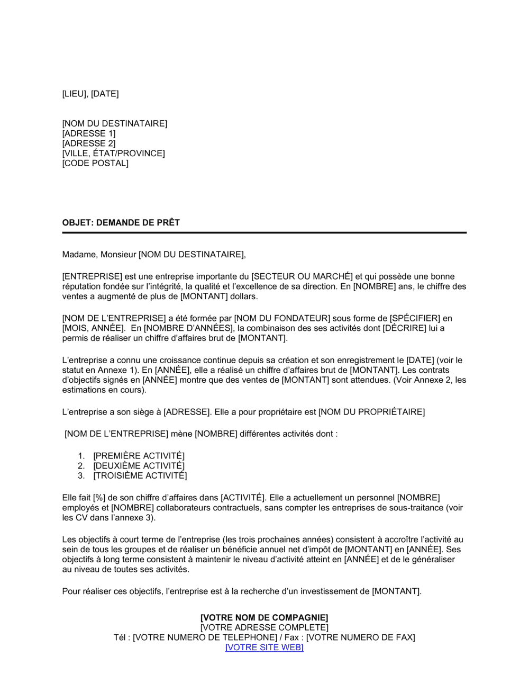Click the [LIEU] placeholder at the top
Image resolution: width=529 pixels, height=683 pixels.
tap(74, 94)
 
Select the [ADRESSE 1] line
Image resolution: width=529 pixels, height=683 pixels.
tap(88, 133)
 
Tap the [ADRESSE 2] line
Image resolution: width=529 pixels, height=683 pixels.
tap(88, 143)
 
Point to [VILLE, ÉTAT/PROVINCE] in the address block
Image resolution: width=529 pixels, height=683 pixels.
tap(113, 154)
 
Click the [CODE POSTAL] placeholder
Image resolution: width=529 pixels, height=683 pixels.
tap(95, 163)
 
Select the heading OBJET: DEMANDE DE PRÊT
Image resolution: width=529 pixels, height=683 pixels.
tap(121, 222)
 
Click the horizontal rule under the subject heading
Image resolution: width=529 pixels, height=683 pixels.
tap(264, 232)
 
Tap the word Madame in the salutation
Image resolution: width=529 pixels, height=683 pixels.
tap(79, 255)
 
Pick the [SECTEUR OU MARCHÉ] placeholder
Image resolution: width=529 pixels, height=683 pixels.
tap(302, 276)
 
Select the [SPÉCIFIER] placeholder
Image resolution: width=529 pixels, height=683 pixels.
tap(415, 318)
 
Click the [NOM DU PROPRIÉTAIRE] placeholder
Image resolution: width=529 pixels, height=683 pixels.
tap(371, 412)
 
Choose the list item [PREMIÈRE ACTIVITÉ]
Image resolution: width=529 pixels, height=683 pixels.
tap(139, 456)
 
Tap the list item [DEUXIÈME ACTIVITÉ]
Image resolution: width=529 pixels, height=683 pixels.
tap(139, 466)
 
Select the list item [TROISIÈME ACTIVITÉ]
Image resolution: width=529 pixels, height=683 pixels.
tap(140, 475)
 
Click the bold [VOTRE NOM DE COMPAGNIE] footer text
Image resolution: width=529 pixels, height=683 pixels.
tap(264, 617)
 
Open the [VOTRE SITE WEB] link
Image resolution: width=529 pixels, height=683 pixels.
tap(264, 647)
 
